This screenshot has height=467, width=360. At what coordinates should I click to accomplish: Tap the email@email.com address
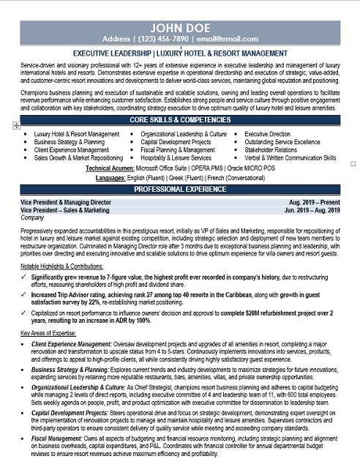point(230,39)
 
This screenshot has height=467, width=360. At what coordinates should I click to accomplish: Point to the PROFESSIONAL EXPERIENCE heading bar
point(179,189)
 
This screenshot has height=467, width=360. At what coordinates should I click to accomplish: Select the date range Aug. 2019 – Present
point(315,201)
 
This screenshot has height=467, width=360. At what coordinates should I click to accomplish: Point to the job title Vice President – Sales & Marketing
point(66,209)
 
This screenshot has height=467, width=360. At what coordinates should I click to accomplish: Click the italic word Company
point(33,217)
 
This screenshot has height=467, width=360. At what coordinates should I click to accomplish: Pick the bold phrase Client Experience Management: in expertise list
point(71,343)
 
